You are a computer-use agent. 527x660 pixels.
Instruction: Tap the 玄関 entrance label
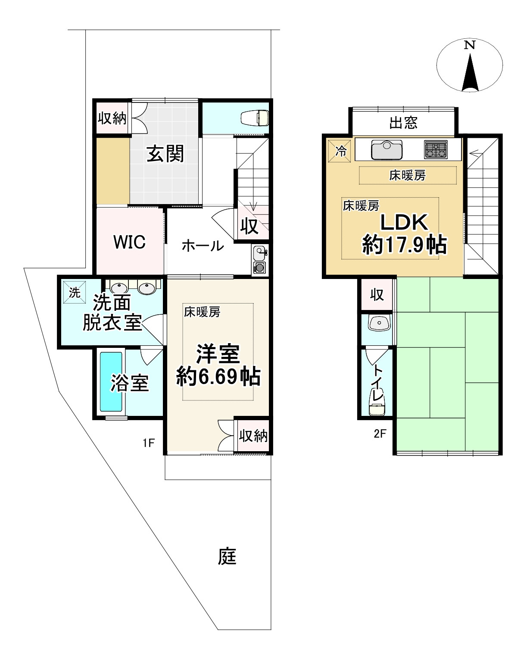[165, 154]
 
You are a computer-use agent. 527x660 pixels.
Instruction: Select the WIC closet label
[129, 242]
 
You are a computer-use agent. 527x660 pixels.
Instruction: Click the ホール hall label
[203, 246]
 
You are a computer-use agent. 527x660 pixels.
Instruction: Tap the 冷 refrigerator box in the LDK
[340, 151]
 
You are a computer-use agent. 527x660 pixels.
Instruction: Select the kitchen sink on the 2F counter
[387, 149]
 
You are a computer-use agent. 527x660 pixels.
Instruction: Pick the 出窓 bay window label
[403, 123]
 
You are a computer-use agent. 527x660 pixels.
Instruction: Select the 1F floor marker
[148, 443]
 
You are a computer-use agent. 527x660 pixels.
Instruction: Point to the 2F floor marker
[380, 434]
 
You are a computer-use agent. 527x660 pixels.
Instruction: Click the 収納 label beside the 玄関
[112, 118]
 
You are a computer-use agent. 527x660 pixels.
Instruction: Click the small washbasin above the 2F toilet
[378, 323]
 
